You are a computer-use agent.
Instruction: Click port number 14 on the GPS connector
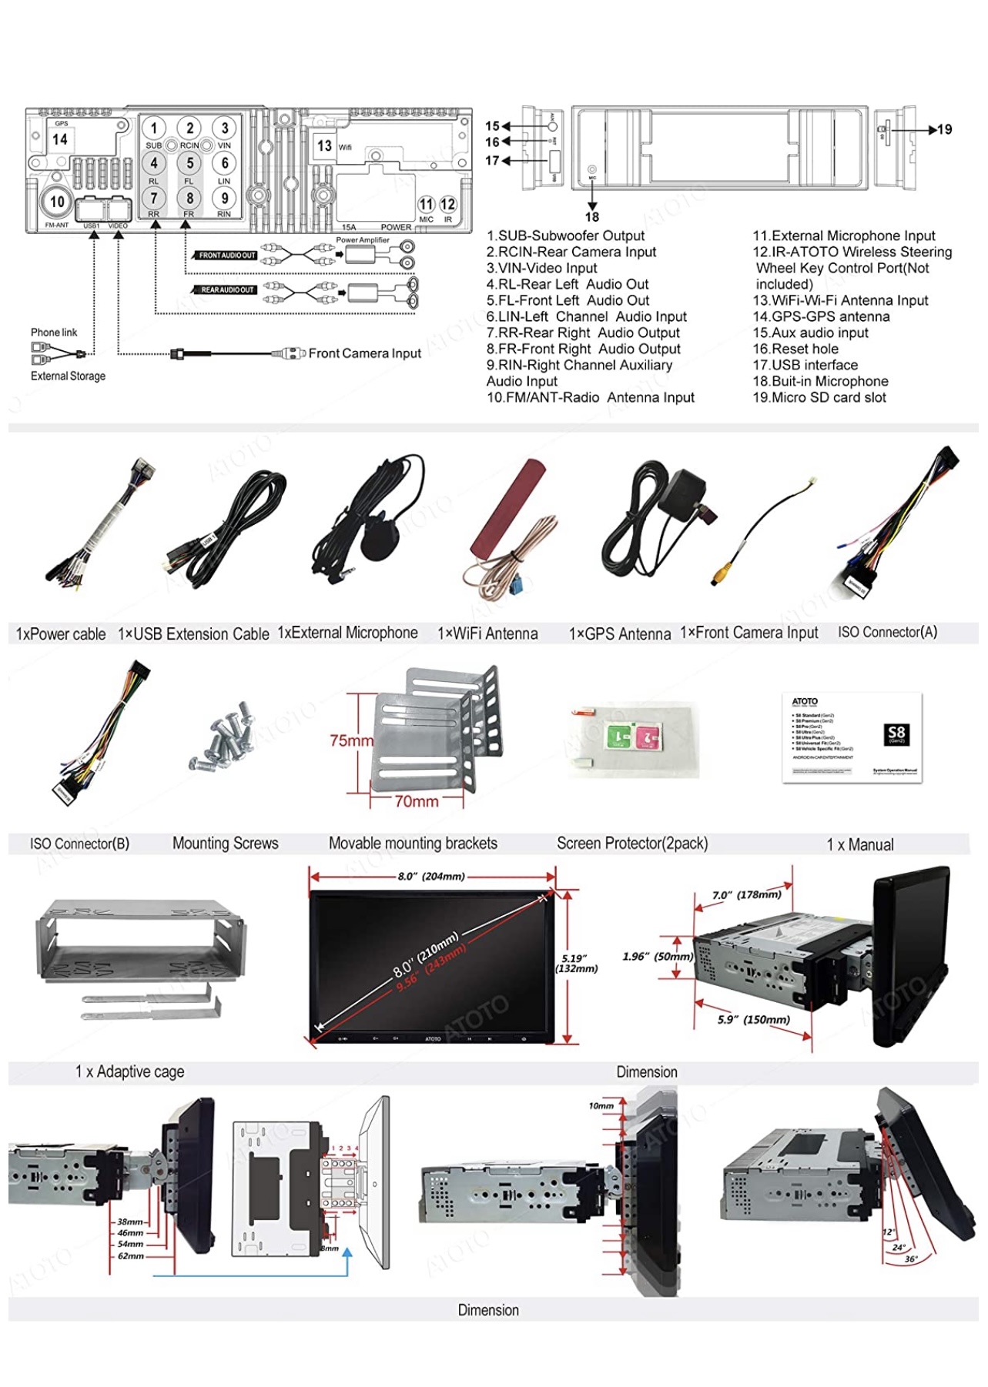tap(60, 139)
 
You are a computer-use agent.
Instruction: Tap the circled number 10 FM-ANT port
tap(57, 202)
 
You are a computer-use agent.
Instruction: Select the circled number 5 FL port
tap(189, 163)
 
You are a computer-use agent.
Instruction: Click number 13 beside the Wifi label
tap(325, 145)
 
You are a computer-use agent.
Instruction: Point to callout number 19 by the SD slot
tap(945, 129)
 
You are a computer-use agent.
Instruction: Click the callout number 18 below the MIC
tap(591, 217)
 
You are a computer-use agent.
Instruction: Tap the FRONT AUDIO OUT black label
tap(226, 256)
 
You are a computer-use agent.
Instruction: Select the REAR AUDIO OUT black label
tap(226, 290)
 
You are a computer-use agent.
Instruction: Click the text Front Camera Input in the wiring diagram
tap(364, 353)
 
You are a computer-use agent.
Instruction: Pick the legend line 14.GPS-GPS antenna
tap(821, 316)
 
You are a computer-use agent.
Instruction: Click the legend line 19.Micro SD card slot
tap(819, 397)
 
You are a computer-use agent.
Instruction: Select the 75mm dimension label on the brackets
tap(350, 740)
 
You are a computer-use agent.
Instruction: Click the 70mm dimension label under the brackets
tap(417, 801)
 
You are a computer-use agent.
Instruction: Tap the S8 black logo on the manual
tap(896, 734)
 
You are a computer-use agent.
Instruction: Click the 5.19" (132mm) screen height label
tap(576, 964)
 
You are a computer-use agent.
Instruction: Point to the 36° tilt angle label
tap(911, 1259)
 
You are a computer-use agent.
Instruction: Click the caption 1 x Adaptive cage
tap(129, 1071)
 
